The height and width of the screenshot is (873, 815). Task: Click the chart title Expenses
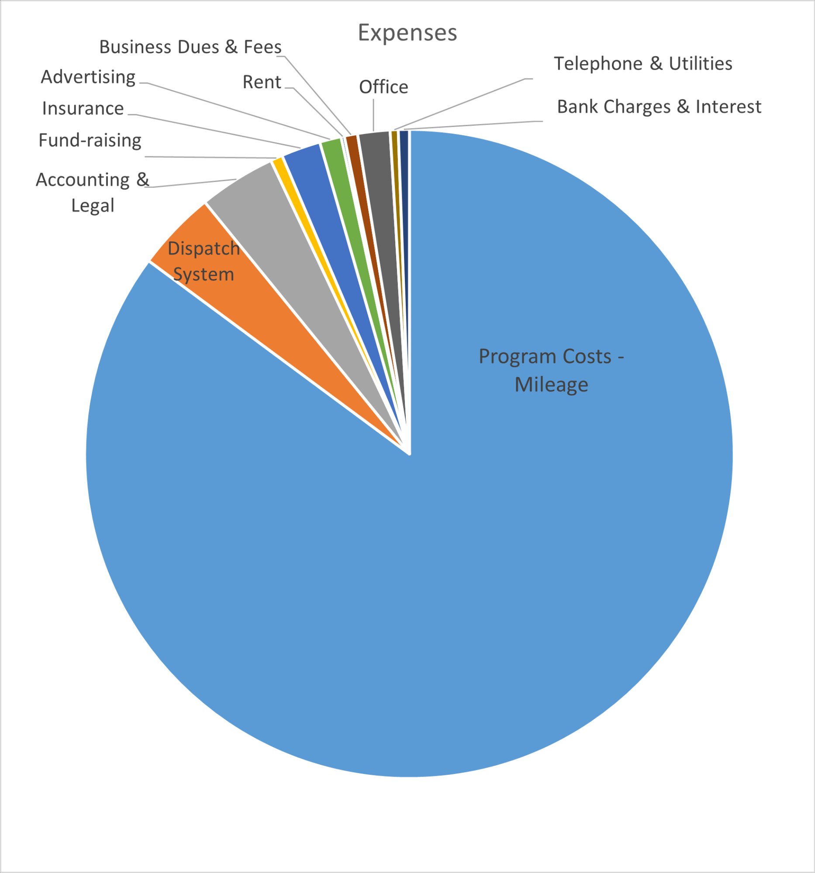407,32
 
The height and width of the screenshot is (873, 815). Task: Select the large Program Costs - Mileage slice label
551,370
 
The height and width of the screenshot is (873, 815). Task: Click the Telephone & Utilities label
643,64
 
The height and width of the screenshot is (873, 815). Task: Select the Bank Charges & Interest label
659,107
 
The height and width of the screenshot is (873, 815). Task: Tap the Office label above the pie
383,87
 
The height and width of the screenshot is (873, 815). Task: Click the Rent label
262,82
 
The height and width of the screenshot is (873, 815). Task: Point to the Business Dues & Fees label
190,47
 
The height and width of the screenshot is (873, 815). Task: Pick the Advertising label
88,77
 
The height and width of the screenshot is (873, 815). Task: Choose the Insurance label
83,108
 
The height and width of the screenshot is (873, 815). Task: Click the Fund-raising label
90,141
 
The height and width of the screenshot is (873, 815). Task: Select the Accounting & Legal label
92,192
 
